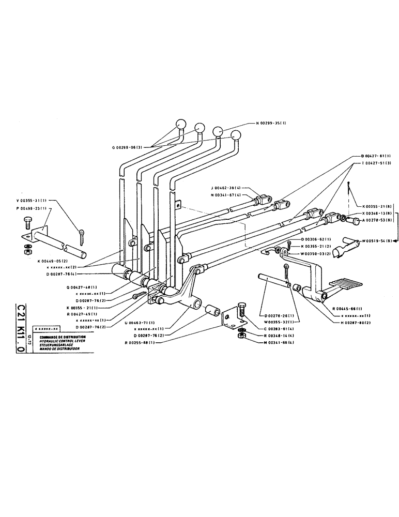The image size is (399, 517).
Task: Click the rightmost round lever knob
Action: pos(237,135)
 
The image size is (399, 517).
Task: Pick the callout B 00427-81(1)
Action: pos(373,156)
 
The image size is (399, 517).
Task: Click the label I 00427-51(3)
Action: pos(372,163)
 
